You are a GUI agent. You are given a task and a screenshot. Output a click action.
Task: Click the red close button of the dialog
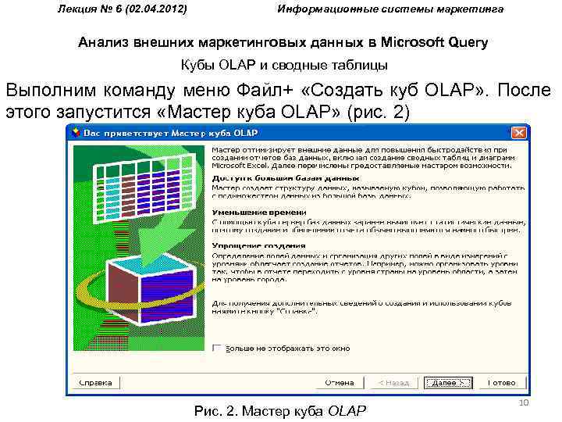(x=516, y=132)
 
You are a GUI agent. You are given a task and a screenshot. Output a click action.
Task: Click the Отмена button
(x=340, y=383)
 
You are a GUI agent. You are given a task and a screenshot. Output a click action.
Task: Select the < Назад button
(x=392, y=383)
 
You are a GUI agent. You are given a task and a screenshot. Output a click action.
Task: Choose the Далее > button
(x=447, y=383)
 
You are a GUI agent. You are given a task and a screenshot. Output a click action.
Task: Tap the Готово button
(x=502, y=383)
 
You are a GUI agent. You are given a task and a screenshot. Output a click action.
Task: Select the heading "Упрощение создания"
(x=250, y=245)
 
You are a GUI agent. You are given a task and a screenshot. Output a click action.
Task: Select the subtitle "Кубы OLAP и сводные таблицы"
(x=283, y=65)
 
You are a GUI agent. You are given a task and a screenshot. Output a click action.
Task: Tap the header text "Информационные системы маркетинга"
(x=390, y=9)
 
